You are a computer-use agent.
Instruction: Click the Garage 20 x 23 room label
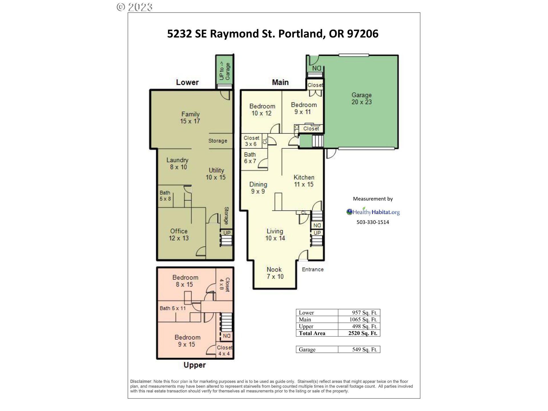click(x=361, y=98)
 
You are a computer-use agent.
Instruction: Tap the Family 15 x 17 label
click(x=190, y=118)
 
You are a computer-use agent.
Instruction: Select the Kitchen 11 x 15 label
click(x=304, y=181)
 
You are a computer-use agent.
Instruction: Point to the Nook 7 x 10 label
click(x=275, y=273)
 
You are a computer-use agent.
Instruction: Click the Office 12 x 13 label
click(x=179, y=235)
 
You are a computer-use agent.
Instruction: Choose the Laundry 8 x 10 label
click(x=178, y=164)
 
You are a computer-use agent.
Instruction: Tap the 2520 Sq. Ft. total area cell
click(x=362, y=333)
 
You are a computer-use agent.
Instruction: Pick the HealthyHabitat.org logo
click(x=373, y=212)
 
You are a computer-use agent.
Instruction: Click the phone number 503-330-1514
click(x=372, y=222)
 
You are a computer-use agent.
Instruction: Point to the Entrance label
click(x=313, y=269)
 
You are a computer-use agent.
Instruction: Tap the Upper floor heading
click(x=194, y=365)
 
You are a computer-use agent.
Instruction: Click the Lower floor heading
click(x=187, y=82)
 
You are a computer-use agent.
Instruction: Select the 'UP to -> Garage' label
click(x=225, y=71)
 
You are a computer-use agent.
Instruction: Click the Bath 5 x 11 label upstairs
click(x=172, y=308)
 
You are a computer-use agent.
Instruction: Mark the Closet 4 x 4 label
click(x=224, y=350)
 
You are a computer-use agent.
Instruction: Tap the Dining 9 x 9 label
click(x=258, y=188)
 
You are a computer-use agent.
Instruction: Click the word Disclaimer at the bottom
click(x=140, y=381)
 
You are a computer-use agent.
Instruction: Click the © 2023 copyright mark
click(x=134, y=7)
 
